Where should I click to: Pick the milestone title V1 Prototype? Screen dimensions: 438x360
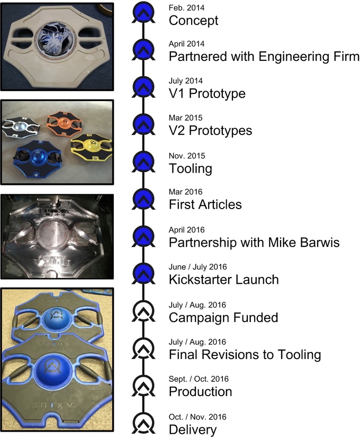[x=207, y=94]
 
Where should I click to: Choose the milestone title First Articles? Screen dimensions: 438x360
[x=205, y=205]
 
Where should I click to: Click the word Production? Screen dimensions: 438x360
[x=200, y=392]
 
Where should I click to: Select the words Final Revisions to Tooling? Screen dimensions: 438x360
[x=245, y=354]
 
